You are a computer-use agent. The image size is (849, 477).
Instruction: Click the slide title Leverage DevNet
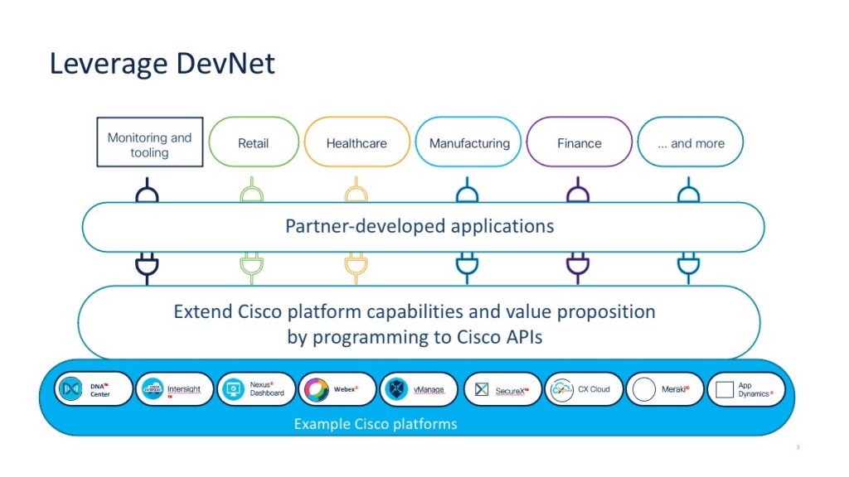(x=162, y=64)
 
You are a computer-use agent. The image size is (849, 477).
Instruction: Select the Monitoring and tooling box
(x=149, y=143)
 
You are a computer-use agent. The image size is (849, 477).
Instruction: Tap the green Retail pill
(x=253, y=142)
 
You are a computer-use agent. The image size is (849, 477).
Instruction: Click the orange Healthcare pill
(x=357, y=142)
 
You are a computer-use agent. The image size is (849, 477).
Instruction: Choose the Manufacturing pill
(x=468, y=142)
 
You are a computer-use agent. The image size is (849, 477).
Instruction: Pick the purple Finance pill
(x=579, y=142)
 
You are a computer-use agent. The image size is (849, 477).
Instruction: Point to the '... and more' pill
(x=690, y=142)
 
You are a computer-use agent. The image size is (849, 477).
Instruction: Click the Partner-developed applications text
(x=420, y=226)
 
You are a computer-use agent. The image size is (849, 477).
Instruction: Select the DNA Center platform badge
(x=94, y=389)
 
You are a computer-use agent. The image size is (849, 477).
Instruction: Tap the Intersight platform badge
(x=175, y=389)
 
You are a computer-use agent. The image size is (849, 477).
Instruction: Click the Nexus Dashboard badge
(x=256, y=389)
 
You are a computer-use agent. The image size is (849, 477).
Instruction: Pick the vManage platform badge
(x=419, y=389)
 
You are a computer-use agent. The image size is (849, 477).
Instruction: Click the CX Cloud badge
(x=583, y=389)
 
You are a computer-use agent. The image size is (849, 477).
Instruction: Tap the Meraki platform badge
(x=665, y=389)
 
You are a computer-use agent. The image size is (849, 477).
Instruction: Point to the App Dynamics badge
(x=745, y=389)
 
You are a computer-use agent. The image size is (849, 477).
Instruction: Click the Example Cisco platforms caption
(x=376, y=424)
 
